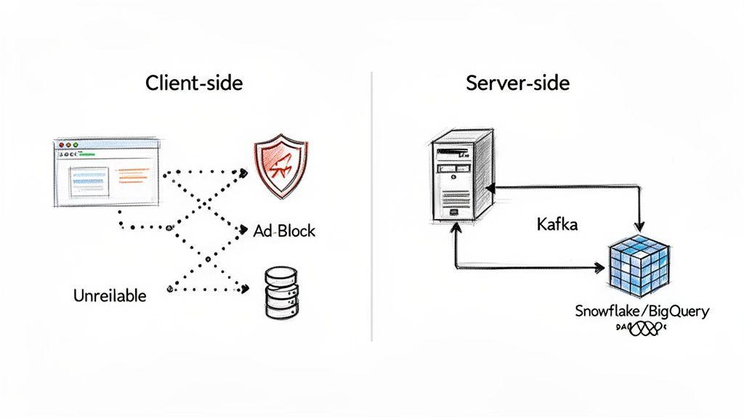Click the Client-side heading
click(x=194, y=83)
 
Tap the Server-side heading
click(x=517, y=83)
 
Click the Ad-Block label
click(x=285, y=231)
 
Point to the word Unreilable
click(x=110, y=295)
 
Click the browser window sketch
click(x=106, y=175)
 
